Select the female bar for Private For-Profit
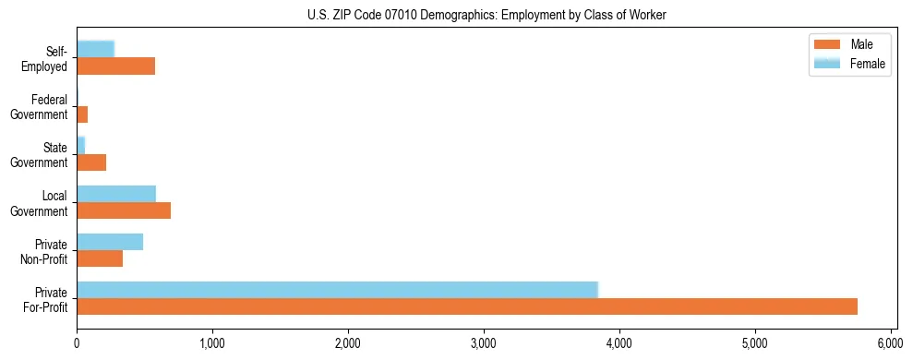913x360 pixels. pos(337,290)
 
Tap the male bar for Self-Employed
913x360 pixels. pos(115,66)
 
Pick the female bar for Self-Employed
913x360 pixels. pos(95,49)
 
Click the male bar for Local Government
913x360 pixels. pos(124,210)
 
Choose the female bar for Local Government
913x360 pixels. pos(116,194)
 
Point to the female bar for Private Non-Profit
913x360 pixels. pos(110,242)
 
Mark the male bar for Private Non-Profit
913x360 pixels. pos(100,258)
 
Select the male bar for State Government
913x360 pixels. pos(91,162)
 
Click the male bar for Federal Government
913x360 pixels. pos(82,114)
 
